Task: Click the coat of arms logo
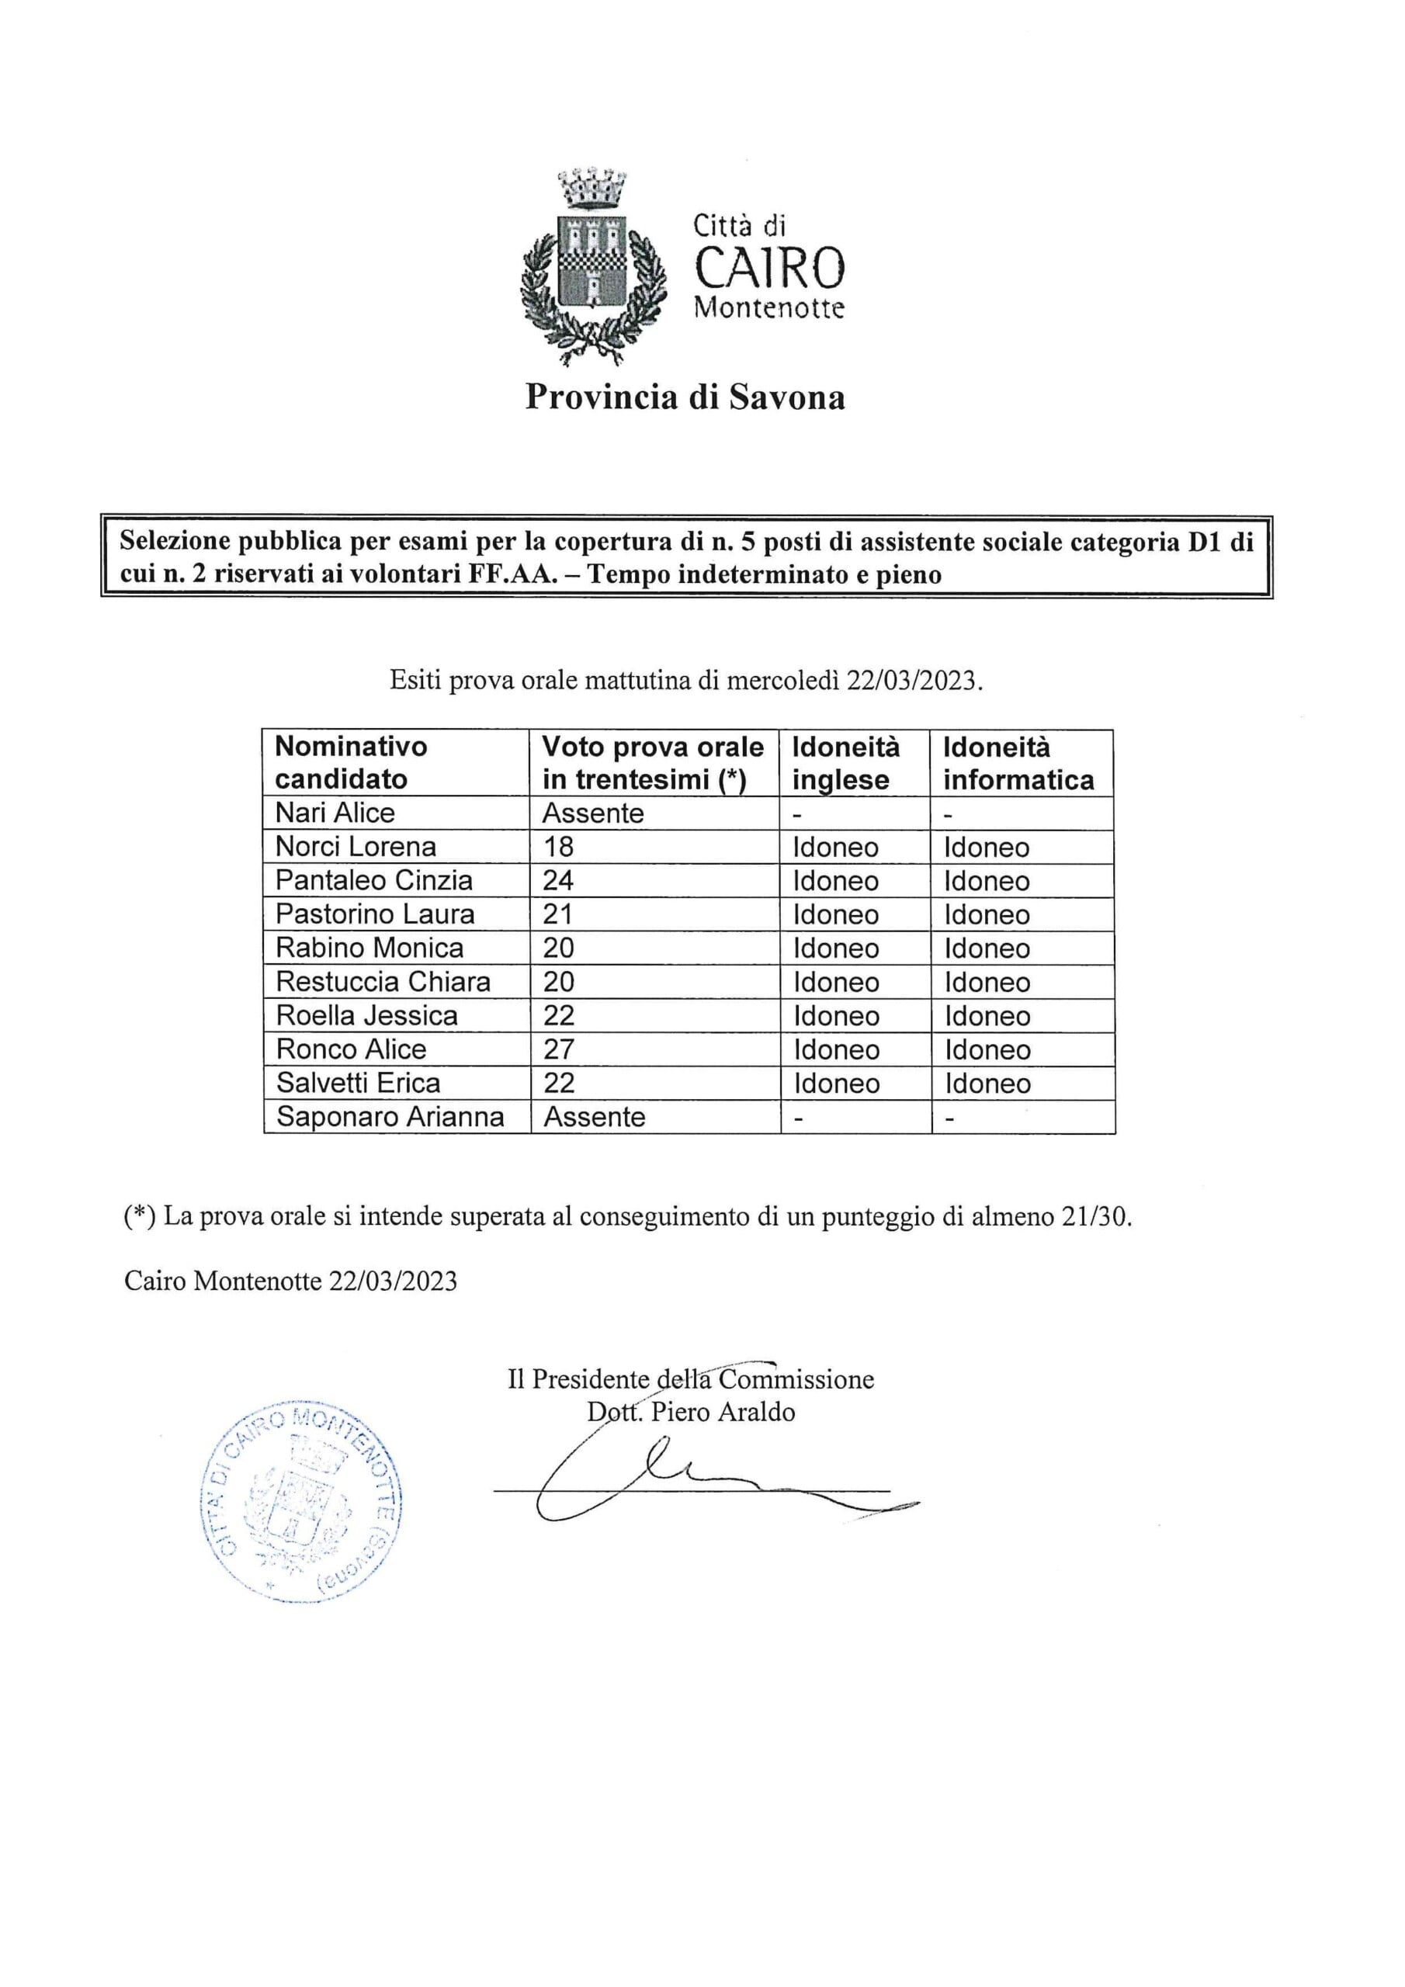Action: pos(593,266)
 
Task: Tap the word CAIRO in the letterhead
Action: pos(769,268)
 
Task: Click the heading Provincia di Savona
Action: pos(685,397)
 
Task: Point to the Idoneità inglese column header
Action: pos(846,762)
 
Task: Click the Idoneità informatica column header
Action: pos(1018,762)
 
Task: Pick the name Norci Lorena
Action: pos(356,846)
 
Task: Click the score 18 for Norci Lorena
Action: pos(558,846)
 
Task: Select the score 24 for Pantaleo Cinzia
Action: pos(558,880)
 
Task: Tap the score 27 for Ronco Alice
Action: pos(558,1049)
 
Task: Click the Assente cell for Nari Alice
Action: pos(593,813)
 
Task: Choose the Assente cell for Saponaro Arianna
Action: pos(594,1116)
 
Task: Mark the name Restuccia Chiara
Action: pos(383,981)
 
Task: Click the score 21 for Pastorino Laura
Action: pos(558,914)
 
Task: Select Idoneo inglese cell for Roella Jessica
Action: pos(836,1015)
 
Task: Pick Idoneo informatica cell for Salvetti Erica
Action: pos(987,1083)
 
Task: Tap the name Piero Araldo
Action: pos(723,1413)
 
